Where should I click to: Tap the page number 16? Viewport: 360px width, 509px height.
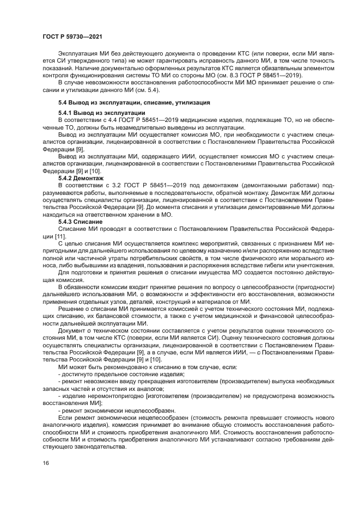point(45,463)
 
